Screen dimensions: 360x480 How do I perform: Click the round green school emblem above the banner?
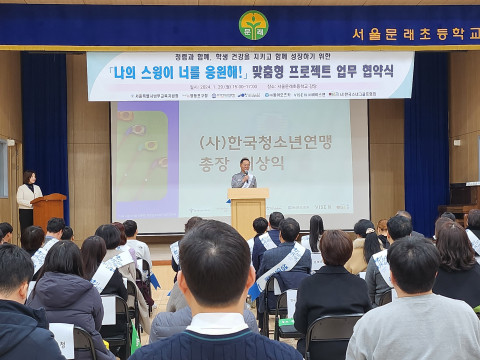pos(253,24)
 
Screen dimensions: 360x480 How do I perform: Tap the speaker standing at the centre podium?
pos(243,174)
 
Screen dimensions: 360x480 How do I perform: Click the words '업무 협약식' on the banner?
pos(367,72)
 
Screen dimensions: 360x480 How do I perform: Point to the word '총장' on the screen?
pos(214,165)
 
